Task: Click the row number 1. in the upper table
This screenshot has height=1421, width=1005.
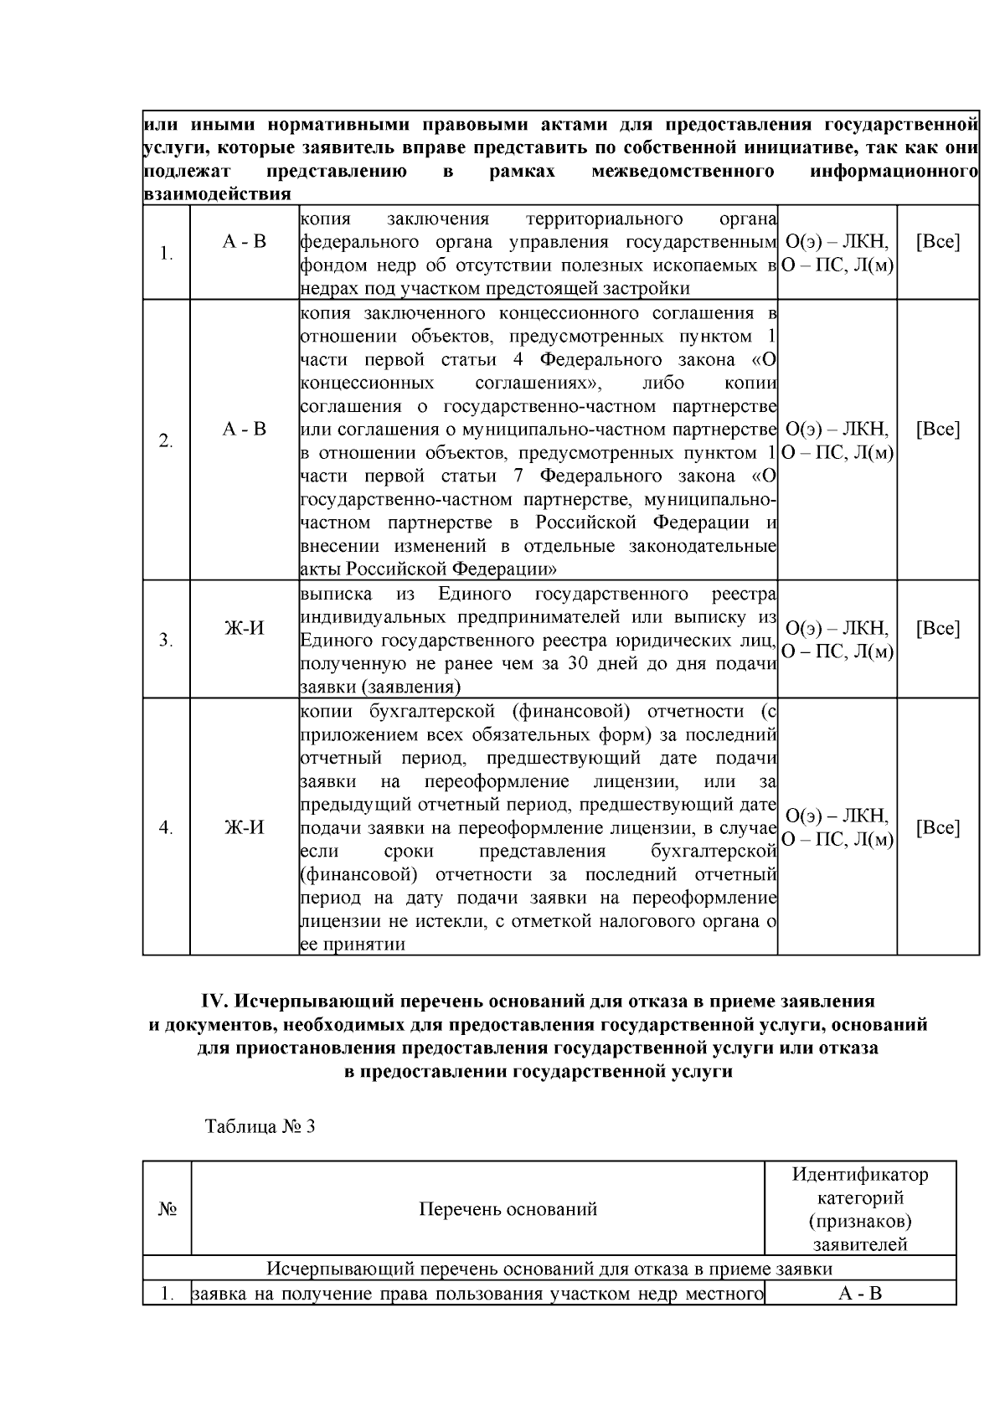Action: click(x=166, y=254)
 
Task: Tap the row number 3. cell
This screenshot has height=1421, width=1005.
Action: click(x=166, y=641)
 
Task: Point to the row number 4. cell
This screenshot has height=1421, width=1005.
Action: click(x=166, y=827)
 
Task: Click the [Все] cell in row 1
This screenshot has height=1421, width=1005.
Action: click(x=938, y=242)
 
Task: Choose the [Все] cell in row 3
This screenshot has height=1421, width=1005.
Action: click(x=938, y=628)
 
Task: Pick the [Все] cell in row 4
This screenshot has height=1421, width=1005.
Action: click(x=938, y=827)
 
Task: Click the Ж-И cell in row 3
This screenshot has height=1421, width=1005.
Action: click(x=245, y=628)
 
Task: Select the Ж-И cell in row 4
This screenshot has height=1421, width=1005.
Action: click(x=245, y=827)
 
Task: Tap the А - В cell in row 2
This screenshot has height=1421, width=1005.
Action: click(x=245, y=429)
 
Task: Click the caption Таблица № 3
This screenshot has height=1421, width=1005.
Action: click(x=260, y=1126)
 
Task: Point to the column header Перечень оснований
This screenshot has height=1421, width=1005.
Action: click(x=508, y=1209)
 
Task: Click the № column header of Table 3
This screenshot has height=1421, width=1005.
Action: click(x=167, y=1209)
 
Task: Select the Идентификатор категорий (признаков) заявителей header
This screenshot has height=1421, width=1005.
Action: click(x=860, y=1209)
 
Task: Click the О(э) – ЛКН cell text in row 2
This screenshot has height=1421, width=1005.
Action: click(x=837, y=430)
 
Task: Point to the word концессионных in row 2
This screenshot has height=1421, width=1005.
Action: click(x=367, y=384)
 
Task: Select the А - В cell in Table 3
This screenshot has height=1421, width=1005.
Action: click(x=860, y=1294)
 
